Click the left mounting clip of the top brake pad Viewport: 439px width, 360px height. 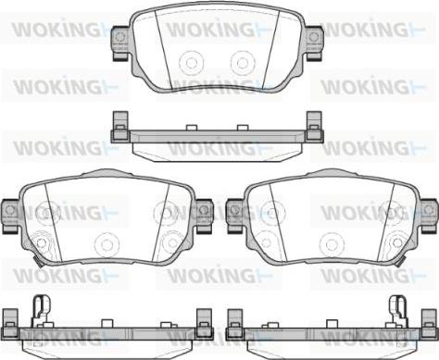tap(119, 43)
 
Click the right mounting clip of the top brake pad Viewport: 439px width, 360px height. tap(314, 43)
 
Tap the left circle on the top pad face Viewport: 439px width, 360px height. tap(191, 63)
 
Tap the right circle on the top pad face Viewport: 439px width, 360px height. tap(243, 63)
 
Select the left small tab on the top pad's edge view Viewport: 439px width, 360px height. tap(192, 128)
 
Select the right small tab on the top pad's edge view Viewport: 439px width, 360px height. tap(243, 128)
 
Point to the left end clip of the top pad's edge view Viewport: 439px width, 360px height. tap(120, 127)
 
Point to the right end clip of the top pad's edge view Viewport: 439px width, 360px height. tap(315, 127)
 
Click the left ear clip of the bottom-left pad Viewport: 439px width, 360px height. tap(10, 216)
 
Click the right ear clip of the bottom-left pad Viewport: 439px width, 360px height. tap(204, 216)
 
